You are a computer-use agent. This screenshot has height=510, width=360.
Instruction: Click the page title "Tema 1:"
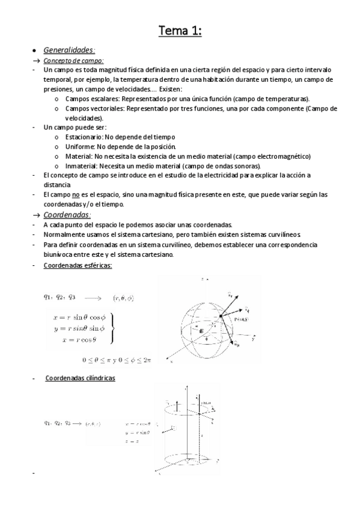point(180,30)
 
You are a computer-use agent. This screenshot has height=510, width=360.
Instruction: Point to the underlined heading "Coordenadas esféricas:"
point(78,265)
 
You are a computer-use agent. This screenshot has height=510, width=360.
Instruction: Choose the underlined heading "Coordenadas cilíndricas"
point(81,378)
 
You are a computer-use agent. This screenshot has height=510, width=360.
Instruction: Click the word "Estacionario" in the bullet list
point(84,137)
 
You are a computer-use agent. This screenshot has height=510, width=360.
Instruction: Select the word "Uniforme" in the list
point(80,146)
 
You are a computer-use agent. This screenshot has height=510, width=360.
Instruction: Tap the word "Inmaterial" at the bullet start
point(81,165)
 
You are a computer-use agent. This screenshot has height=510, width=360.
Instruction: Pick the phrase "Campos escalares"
point(89,98)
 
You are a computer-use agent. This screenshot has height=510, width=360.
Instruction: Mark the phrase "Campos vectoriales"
point(91,108)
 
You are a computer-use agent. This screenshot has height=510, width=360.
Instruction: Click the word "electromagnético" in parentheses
point(276,156)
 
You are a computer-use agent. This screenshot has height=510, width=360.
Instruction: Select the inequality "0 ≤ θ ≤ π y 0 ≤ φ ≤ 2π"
point(117,360)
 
